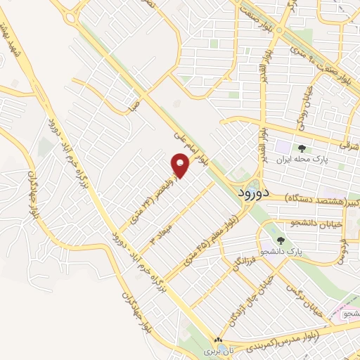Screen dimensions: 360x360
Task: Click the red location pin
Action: pyautogui.click(x=181, y=167)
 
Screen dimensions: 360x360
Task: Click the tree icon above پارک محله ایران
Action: pyautogui.click(x=302, y=148)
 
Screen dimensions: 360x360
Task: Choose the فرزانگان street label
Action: pyautogui.click(x=238, y=269)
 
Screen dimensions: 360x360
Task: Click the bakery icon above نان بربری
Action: pyautogui.click(x=217, y=340)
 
